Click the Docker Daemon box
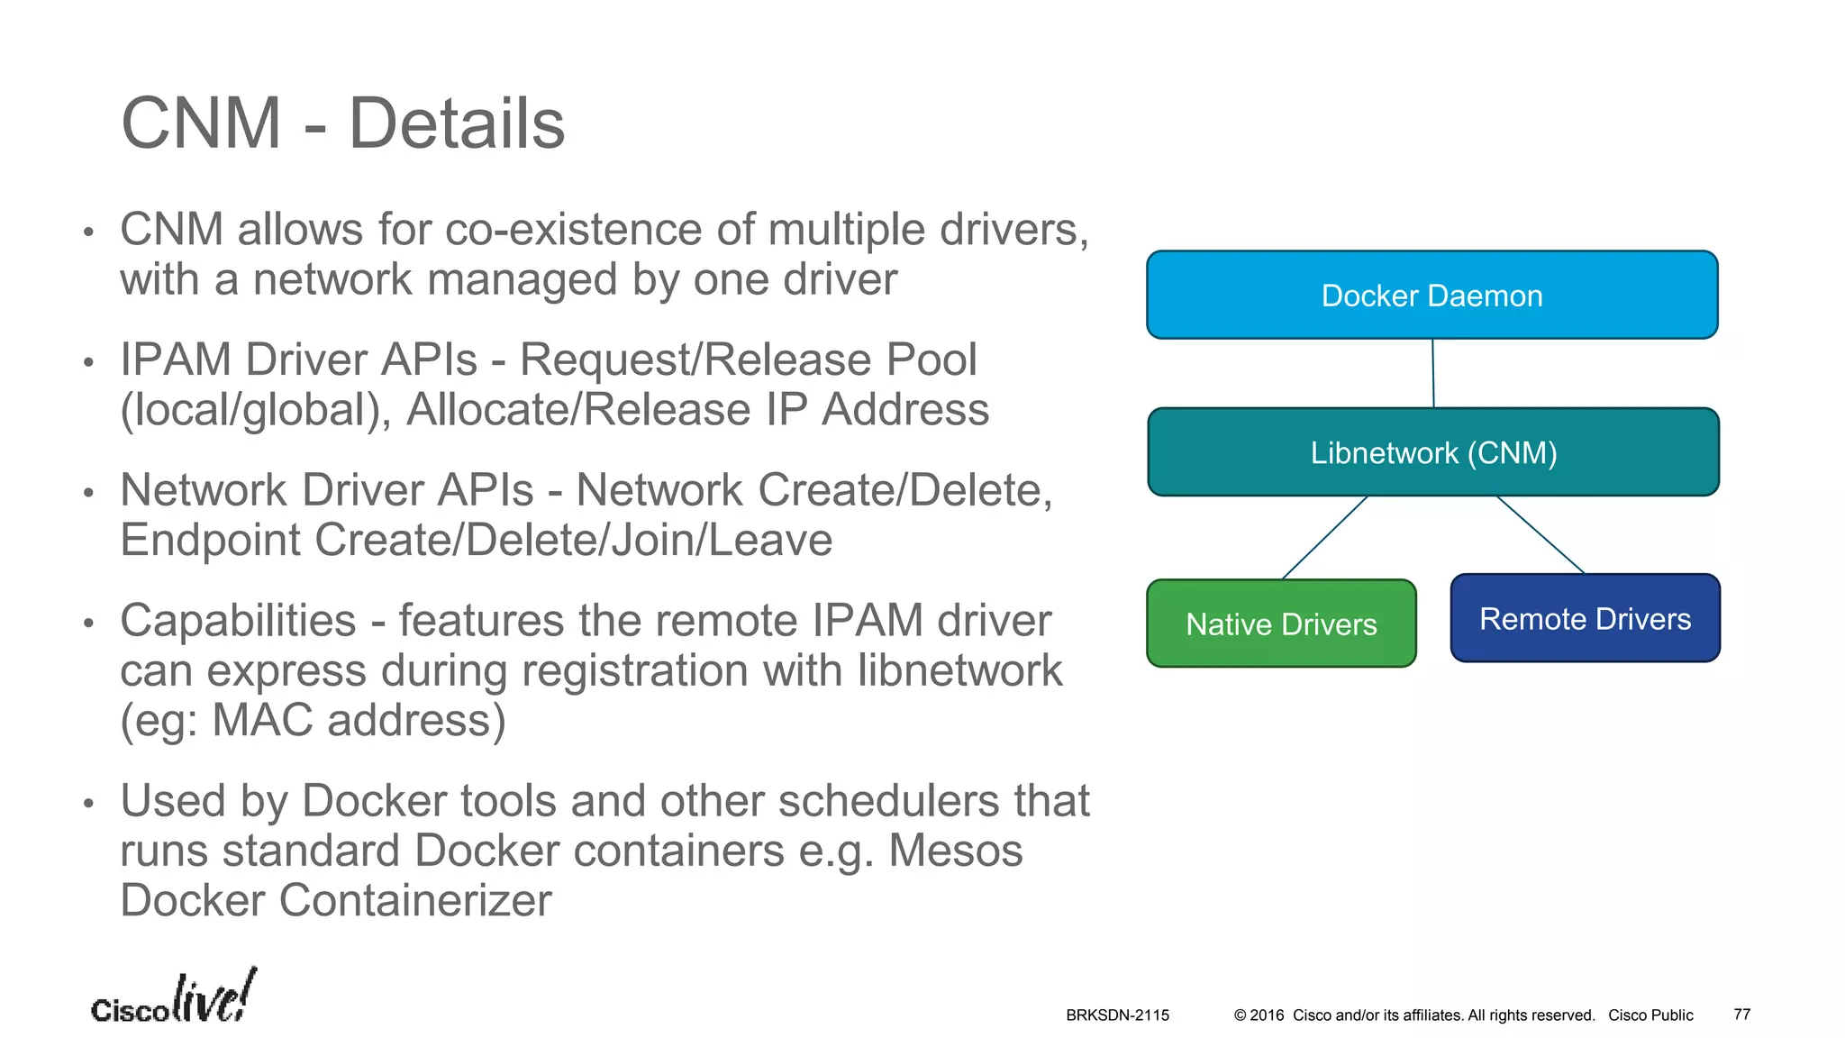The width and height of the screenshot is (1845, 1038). (x=1431, y=296)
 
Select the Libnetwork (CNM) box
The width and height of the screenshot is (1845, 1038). (x=1433, y=452)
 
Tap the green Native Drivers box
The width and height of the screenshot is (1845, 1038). (x=1281, y=624)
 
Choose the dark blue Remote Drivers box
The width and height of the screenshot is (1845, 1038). (x=1585, y=619)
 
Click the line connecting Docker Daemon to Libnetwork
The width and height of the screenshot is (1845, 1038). (x=1433, y=373)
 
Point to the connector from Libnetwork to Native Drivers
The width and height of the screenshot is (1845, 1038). (x=1324, y=538)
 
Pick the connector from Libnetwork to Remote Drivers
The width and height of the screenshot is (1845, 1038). (x=1541, y=535)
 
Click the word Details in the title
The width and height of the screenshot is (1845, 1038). (x=457, y=123)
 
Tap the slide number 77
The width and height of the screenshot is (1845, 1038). (x=1741, y=1015)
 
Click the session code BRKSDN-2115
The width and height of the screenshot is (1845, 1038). (x=1117, y=1015)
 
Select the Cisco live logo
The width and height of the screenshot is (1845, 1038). (x=174, y=999)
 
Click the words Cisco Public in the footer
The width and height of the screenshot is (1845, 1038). (x=1650, y=1015)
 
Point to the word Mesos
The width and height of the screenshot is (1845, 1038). (x=955, y=851)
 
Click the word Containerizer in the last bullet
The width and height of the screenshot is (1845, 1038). (x=414, y=900)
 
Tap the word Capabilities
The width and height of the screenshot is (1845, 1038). (x=239, y=621)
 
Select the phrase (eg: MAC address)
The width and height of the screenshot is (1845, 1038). (x=313, y=721)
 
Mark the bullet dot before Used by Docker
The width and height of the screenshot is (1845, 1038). (x=88, y=803)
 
